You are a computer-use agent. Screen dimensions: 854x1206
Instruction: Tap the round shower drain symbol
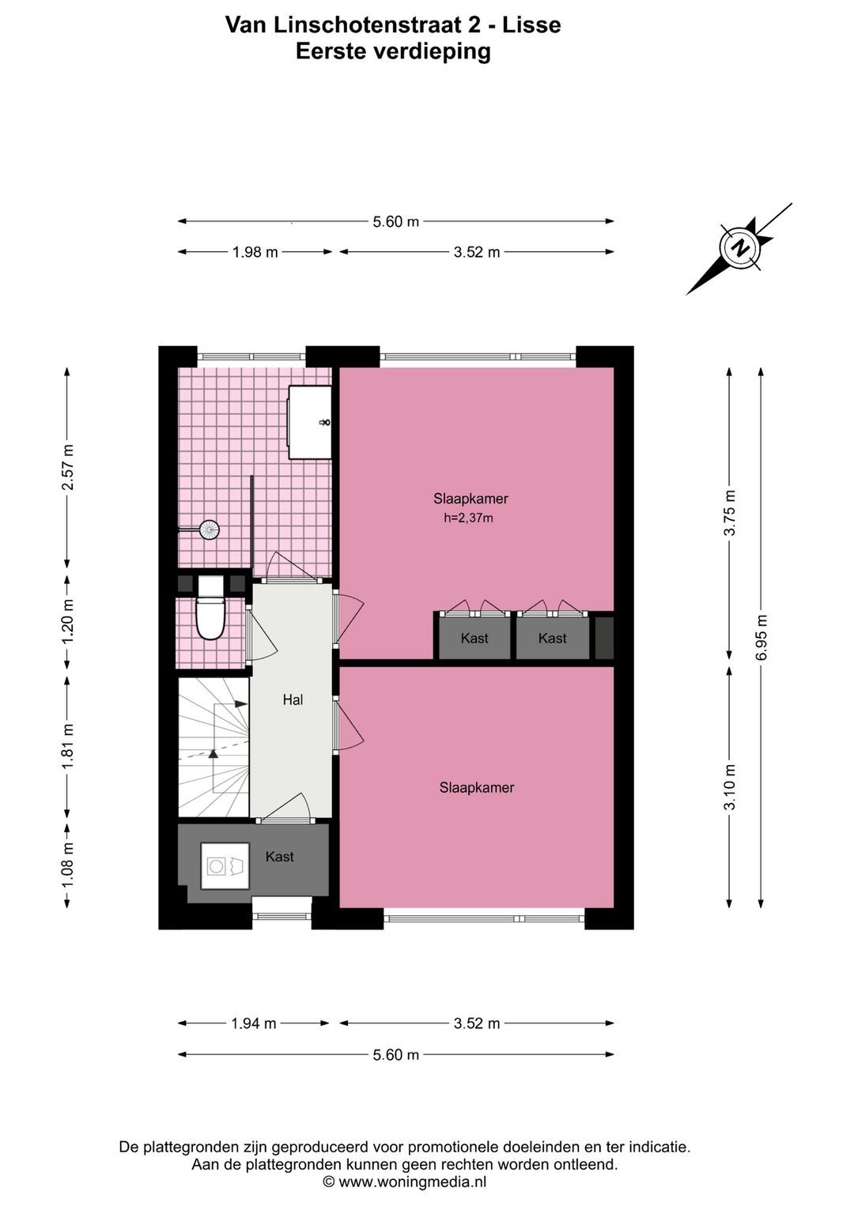[x=210, y=530]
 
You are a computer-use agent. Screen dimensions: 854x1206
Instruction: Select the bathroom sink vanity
[x=310, y=422]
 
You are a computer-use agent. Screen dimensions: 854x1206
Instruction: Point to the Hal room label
[x=293, y=700]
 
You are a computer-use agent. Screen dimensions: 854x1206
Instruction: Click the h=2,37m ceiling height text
[x=468, y=518]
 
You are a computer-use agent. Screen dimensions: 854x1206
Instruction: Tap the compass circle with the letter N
[x=742, y=248]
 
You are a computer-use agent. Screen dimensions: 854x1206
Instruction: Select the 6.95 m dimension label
[x=761, y=637]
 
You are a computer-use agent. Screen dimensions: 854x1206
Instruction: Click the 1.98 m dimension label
[x=255, y=252]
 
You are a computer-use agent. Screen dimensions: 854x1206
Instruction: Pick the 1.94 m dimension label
[x=253, y=1023]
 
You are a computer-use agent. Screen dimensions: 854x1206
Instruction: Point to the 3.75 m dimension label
[x=730, y=513]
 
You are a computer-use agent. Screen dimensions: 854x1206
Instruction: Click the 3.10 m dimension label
[x=730, y=786]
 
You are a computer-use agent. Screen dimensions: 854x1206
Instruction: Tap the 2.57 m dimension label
[x=68, y=467]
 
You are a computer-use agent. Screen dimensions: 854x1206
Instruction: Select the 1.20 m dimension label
[x=68, y=620]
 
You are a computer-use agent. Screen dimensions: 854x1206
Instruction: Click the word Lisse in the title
[x=532, y=24]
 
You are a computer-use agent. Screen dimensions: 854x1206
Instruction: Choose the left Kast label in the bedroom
[x=474, y=638]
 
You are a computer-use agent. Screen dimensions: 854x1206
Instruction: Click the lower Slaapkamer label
[x=477, y=788]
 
